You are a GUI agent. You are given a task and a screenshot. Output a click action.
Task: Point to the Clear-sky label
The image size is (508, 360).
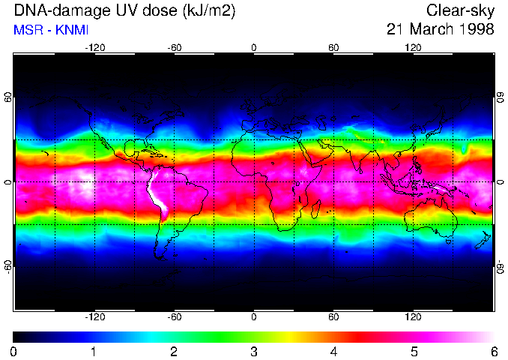(x=460, y=11)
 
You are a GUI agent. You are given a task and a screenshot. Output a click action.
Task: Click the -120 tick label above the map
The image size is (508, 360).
(x=94, y=47)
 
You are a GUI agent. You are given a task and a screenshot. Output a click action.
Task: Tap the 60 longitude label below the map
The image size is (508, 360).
(x=333, y=316)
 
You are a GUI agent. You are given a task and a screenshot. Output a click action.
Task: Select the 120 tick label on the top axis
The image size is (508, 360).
(x=413, y=47)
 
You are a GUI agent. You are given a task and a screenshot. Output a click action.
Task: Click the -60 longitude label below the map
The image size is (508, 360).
(x=175, y=316)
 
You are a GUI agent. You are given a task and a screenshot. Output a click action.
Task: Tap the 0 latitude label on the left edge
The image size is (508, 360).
(x=9, y=181)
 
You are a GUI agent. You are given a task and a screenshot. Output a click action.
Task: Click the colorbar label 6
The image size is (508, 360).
(x=493, y=350)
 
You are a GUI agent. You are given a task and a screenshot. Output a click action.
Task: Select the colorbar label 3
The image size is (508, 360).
(x=253, y=350)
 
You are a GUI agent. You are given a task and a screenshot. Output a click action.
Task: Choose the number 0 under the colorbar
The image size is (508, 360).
(x=14, y=350)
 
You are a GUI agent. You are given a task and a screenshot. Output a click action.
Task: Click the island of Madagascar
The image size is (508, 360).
(x=316, y=209)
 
